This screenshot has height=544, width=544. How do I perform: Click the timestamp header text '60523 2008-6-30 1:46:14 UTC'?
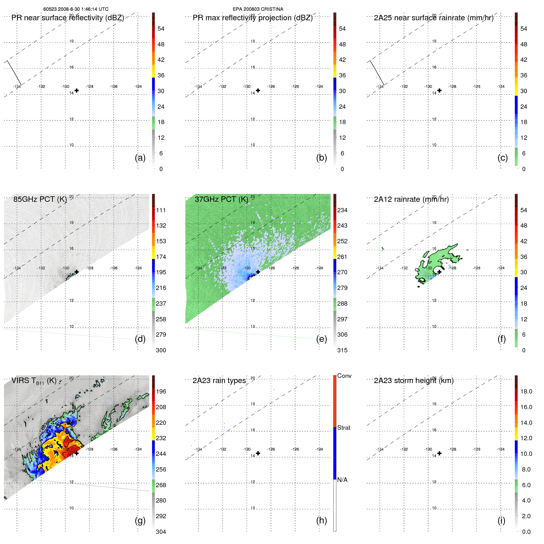pyautogui.click(x=76, y=9)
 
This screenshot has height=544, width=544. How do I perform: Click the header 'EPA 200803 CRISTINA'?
pyautogui.click(x=258, y=9)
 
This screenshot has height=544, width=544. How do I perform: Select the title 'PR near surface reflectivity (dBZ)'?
pyautogui.click(x=68, y=18)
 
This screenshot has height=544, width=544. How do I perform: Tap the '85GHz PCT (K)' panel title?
pyautogui.click(x=40, y=199)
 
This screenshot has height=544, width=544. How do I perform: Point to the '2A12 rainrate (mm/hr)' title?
pyautogui.click(x=411, y=199)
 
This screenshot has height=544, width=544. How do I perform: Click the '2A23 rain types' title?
pyautogui.click(x=219, y=381)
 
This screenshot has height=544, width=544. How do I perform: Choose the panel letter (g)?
pyautogui.click(x=140, y=520)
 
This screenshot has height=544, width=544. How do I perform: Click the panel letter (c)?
pyautogui.click(x=503, y=158)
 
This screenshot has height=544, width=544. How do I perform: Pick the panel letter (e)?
pyautogui.click(x=321, y=339)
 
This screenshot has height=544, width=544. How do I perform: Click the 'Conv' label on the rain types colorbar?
pyautogui.click(x=344, y=376)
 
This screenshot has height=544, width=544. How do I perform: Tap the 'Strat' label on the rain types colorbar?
pyautogui.click(x=343, y=428)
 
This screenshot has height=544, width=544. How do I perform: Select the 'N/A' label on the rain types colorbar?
pyautogui.click(x=342, y=480)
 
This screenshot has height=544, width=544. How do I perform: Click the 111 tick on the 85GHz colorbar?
pyautogui.click(x=161, y=210)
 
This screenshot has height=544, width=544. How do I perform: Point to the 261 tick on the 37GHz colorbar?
pyautogui.click(x=342, y=257)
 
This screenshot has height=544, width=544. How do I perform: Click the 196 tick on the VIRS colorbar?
pyautogui.click(x=161, y=391)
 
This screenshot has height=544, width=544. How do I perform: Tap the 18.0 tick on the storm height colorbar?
pyautogui.click(x=526, y=391)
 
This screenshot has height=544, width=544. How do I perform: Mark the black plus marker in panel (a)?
pyautogui.click(x=76, y=90)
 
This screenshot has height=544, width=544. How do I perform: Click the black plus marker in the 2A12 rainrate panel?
pyautogui.click(x=439, y=272)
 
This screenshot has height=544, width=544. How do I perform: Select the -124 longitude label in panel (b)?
pyautogui.click(x=319, y=87)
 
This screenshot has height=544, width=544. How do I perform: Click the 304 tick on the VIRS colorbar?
pyautogui.click(x=161, y=532)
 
